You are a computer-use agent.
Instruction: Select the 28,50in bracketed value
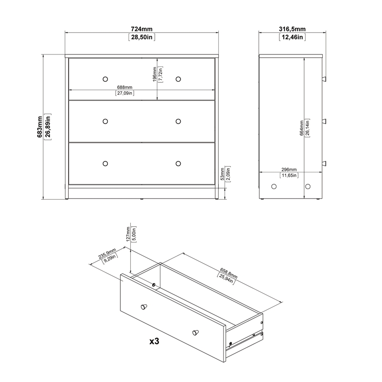pyautogui.click(x=142, y=37)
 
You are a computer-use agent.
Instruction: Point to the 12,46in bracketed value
pyautogui.click(x=292, y=37)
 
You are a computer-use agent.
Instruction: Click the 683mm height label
pyautogui.click(x=40, y=127)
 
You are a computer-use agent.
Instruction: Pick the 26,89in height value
pyautogui.click(x=48, y=127)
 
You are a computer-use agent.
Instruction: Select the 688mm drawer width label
pyautogui.click(x=125, y=87)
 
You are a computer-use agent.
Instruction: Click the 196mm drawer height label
pyautogui.click(x=155, y=74)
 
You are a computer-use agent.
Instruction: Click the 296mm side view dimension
pyautogui.click(x=289, y=170)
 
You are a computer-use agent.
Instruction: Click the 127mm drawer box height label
pyautogui.click(x=128, y=235)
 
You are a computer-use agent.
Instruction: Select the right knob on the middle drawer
pyautogui.click(x=178, y=121)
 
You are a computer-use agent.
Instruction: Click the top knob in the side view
pyautogui.click(x=324, y=78)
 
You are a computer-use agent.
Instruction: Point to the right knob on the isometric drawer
pyautogui.click(x=195, y=331)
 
